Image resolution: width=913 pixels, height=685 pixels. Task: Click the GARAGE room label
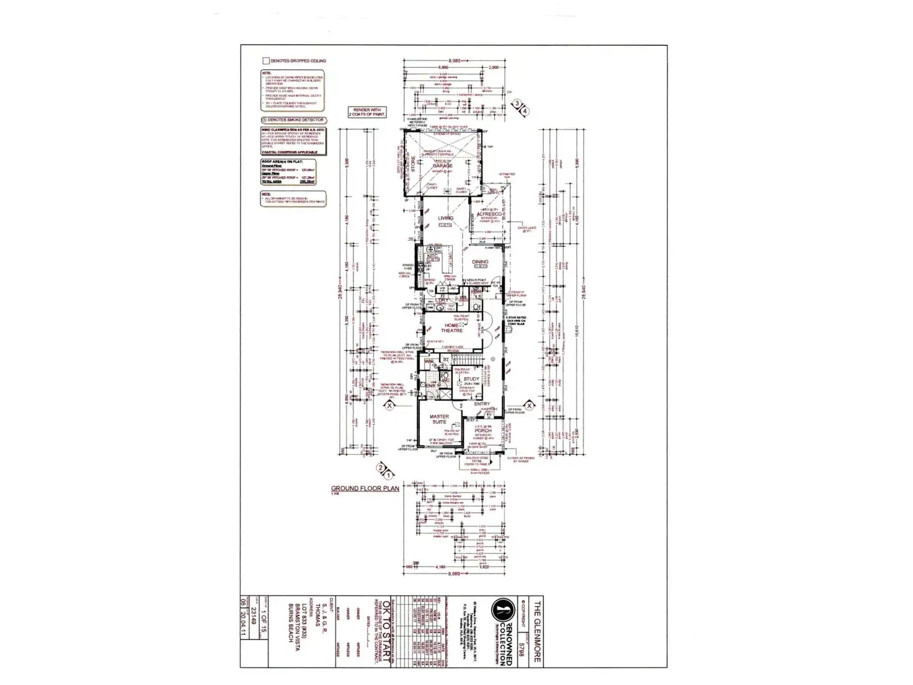point(442,166)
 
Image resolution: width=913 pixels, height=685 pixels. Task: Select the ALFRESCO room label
point(489,214)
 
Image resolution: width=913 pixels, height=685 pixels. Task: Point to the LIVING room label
point(445,218)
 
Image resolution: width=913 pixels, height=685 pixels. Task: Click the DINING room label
point(480,262)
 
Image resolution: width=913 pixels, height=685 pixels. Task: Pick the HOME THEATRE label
point(452,328)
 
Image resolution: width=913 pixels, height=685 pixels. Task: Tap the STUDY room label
point(471,378)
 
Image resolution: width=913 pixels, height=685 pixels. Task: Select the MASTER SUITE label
point(439,419)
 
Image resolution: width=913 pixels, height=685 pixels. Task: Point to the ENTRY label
point(482,404)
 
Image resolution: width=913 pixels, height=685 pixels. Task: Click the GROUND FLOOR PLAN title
point(365,488)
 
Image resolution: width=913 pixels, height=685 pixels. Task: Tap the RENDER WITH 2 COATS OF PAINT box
point(367,112)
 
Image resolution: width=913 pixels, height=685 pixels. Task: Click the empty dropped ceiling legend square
point(265,61)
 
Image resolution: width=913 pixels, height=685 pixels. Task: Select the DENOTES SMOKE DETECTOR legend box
point(293,120)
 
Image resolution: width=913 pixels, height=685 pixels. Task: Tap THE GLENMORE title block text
point(538,632)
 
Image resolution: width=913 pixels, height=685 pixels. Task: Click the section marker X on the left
point(390,405)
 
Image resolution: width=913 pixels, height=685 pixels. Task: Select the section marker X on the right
point(530,405)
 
